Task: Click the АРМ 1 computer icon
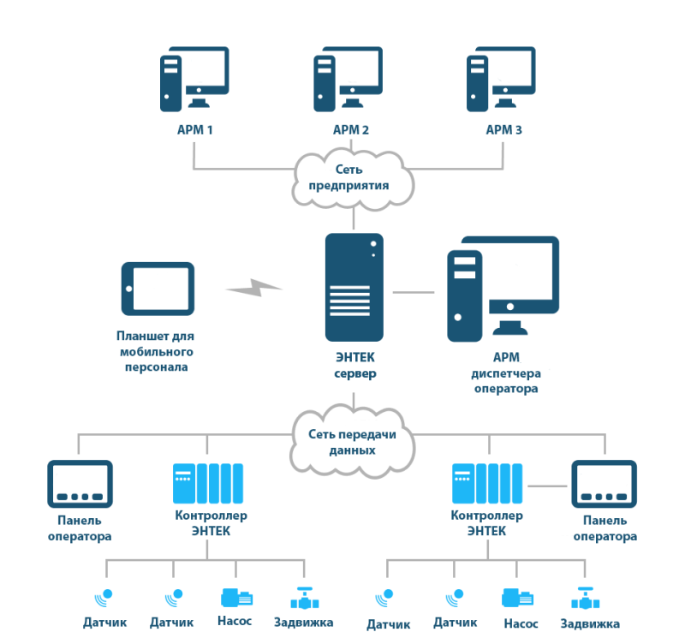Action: click(194, 79)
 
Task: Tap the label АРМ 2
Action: click(351, 130)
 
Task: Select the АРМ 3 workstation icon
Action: click(501, 79)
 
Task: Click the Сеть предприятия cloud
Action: click(353, 179)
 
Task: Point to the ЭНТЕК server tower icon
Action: click(354, 287)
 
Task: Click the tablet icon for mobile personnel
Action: click(158, 289)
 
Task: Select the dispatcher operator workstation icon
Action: click(503, 289)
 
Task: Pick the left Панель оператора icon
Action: click(80, 484)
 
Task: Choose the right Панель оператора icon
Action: click(605, 484)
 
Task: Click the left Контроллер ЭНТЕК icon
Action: click(208, 483)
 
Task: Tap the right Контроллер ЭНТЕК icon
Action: click(487, 483)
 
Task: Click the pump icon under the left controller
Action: click(237, 598)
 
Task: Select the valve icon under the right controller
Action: click(586, 599)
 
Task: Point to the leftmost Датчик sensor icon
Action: click(104, 598)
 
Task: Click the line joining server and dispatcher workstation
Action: click(414, 292)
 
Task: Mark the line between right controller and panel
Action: click(547, 486)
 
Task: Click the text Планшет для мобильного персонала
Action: click(156, 351)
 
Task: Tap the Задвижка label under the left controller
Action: click(304, 623)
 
